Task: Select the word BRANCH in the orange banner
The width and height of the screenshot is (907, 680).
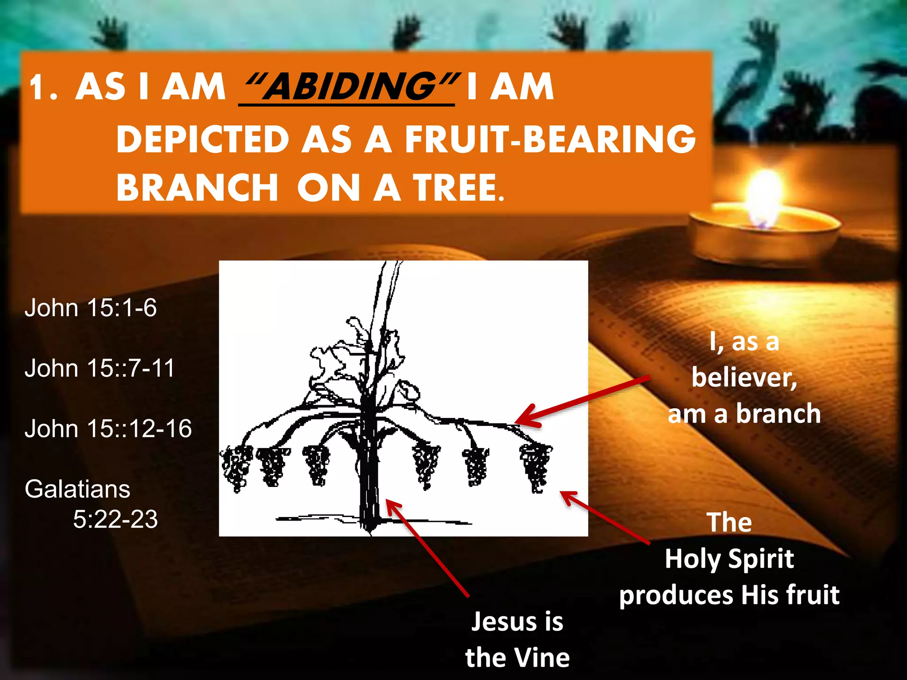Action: pyautogui.click(x=198, y=188)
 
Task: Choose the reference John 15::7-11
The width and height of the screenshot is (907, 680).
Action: pyautogui.click(x=100, y=368)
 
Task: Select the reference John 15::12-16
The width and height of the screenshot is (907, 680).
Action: pyautogui.click(x=108, y=429)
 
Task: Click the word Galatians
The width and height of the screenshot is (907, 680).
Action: pyautogui.click(x=78, y=489)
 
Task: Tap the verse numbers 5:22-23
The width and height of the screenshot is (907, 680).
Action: pyautogui.click(x=115, y=519)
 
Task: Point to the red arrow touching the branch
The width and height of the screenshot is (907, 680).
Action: pyautogui.click(x=580, y=401)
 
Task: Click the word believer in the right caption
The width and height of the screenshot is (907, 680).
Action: pyautogui.click(x=744, y=378)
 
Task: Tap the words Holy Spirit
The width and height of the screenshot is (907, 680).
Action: pyautogui.click(x=729, y=559)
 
